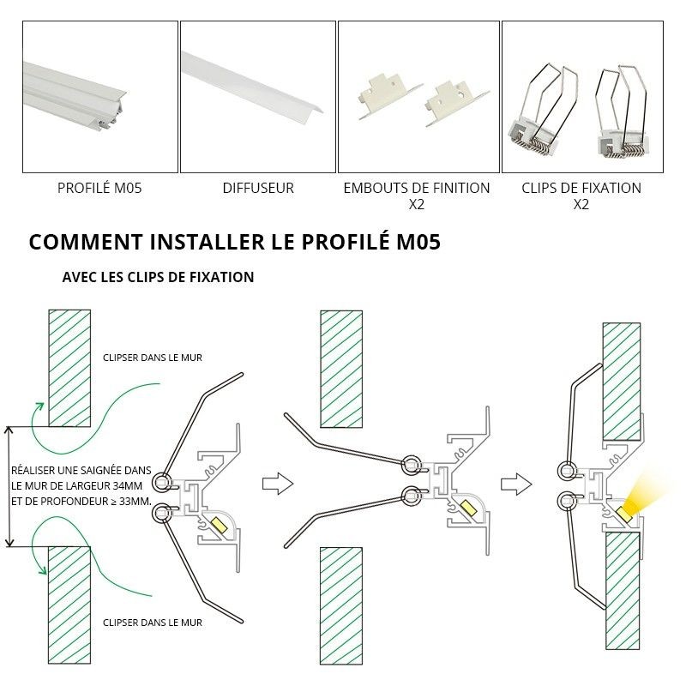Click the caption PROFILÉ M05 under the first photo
coord(99,188)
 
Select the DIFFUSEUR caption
coord(258,188)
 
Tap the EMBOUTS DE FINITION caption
coord(417,188)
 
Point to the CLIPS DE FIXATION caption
coord(581,188)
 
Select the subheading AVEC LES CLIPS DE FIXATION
coord(158,278)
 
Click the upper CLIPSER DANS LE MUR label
coord(152,358)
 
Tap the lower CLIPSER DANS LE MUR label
coord(152,623)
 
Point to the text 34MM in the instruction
coord(126,485)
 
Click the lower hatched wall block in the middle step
coord(340,605)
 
